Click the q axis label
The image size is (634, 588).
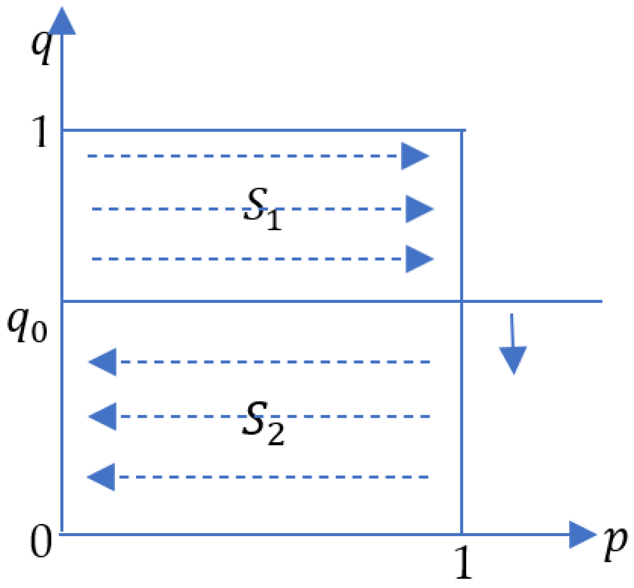pos(41,48)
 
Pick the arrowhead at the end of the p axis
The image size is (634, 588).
pos(581,535)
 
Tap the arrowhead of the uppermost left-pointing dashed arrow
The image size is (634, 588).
pos(104,362)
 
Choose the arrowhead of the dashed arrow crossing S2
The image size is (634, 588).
pos(104,416)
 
